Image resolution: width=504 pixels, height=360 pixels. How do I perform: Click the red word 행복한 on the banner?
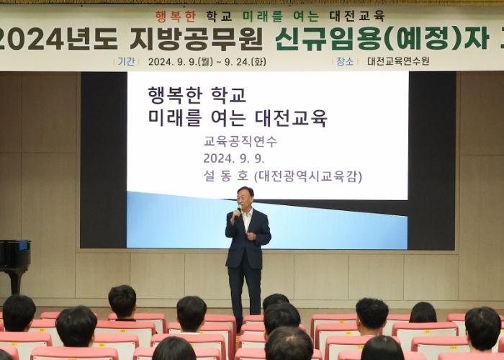coord(175,16)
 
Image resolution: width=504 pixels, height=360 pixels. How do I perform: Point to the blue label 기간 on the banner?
coord(126,61)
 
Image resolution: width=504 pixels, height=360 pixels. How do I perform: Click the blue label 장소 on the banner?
coord(345,61)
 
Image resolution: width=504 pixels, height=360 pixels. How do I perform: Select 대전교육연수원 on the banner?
coord(398,61)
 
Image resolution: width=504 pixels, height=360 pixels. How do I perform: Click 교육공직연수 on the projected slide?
coord(240,141)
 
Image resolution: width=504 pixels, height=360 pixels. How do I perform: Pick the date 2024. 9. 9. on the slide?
coord(234,158)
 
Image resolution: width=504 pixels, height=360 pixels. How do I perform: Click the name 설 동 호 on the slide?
coord(226,176)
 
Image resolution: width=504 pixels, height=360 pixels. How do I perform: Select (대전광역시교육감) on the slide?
coord(308,176)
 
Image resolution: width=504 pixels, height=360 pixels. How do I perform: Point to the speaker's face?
coord(245,197)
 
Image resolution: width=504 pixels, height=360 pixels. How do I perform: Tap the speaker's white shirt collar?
coord(248,213)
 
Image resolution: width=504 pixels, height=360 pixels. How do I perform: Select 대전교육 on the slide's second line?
coord(291,118)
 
